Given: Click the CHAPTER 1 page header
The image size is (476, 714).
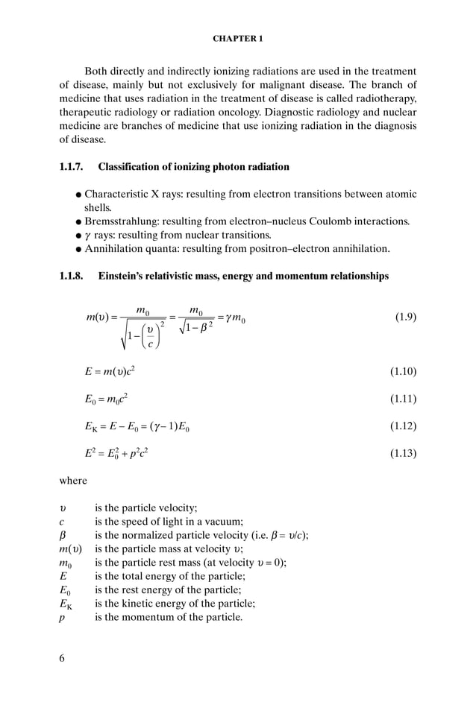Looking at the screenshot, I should [x=237, y=38].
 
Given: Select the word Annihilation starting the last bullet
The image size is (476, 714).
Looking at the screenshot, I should [x=116, y=249].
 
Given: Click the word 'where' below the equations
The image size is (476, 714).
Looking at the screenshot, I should [x=73, y=481].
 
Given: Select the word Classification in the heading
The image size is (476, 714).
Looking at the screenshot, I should [x=130, y=166].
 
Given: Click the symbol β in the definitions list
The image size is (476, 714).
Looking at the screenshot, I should [x=63, y=535].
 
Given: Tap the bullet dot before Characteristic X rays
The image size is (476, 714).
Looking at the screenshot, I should [x=78, y=195].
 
